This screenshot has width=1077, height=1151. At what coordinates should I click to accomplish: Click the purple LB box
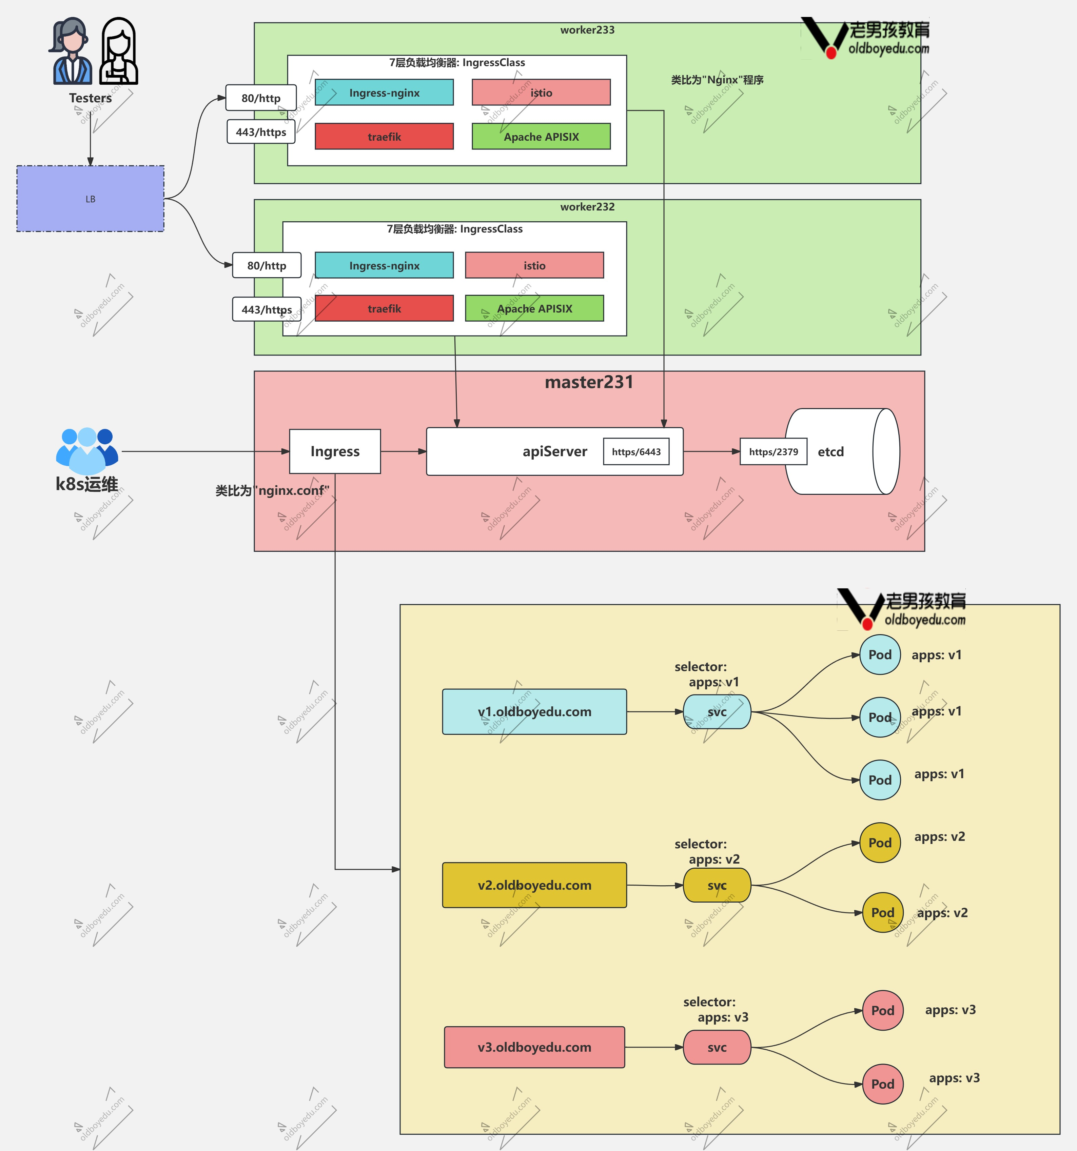click(x=91, y=199)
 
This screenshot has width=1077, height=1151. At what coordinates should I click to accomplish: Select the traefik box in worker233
click(x=384, y=137)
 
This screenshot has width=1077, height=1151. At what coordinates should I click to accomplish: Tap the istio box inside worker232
click(x=534, y=265)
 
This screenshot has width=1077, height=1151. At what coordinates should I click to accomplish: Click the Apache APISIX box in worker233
click(x=541, y=137)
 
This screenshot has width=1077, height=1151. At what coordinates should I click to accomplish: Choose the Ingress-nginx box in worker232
click(x=384, y=265)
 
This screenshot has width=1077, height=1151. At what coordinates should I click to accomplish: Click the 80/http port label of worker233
click(x=261, y=98)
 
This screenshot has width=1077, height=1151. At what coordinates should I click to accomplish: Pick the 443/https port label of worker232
click(x=267, y=309)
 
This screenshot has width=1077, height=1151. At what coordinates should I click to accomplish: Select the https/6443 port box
click(x=636, y=451)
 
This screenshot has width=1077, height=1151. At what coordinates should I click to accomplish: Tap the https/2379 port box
click(x=774, y=451)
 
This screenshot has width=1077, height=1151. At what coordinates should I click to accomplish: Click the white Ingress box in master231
click(x=335, y=451)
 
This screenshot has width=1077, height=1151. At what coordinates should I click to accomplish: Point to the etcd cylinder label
click(x=831, y=451)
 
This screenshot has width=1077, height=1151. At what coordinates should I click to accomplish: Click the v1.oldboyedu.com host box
click(x=534, y=711)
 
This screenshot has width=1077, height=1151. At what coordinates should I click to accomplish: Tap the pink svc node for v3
click(x=717, y=1047)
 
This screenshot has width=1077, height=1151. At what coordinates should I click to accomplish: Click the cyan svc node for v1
click(x=717, y=711)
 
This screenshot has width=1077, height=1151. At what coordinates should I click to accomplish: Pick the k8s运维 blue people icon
click(x=87, y=451)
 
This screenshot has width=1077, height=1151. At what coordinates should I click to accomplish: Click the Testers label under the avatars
click(x=91, y=98)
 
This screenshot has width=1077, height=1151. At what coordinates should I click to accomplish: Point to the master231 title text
click(x=589, y=382)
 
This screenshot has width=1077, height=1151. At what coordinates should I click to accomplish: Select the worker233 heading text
click(x=587, y=29)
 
